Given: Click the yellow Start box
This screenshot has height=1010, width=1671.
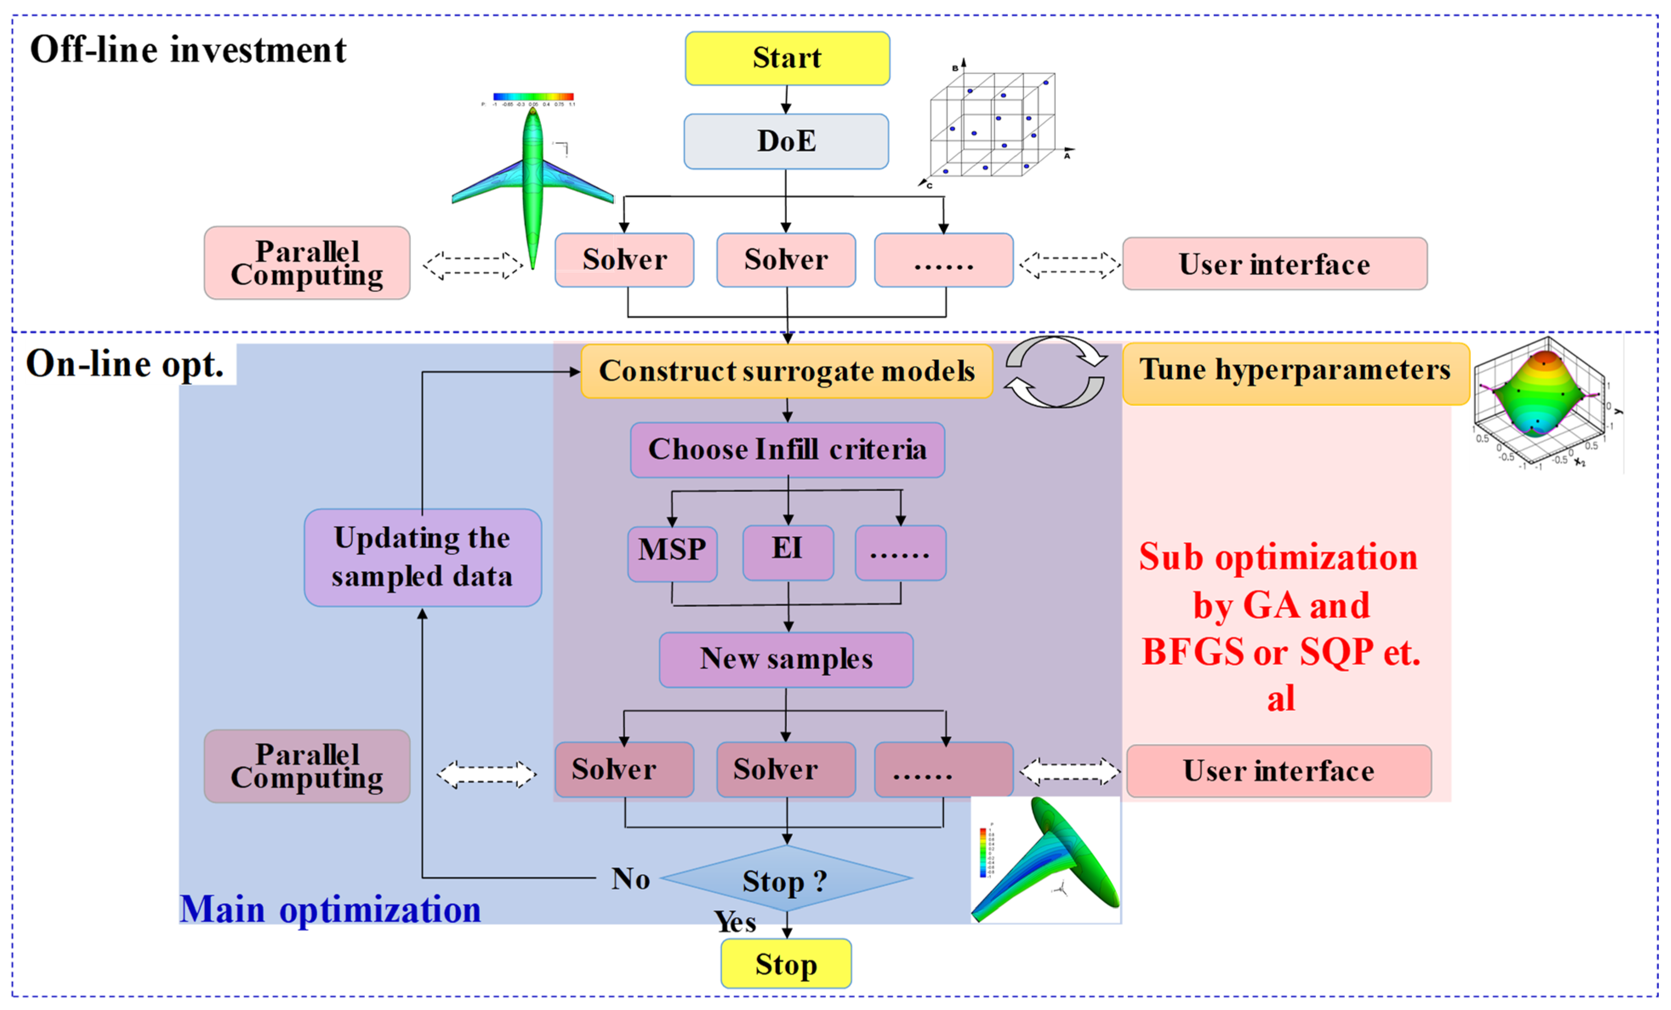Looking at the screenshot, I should pyautogui.click(x=787, y=58).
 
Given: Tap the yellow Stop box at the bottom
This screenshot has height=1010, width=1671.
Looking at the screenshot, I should pyautogui.click(x=786, y=964).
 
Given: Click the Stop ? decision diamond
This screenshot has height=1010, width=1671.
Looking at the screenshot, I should pyautogui.click(x=786, y=879).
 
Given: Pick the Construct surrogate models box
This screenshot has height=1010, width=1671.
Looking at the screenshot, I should pyautogui.click(x=787, y=371).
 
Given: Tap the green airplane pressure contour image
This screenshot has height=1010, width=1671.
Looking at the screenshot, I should pyautogui.click(x=533, y=183).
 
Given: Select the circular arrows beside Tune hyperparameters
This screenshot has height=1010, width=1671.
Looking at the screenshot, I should pyautogui.click(x=1055, y=372).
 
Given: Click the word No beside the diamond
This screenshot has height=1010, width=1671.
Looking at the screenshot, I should pyautogui.click(x=630, y=879).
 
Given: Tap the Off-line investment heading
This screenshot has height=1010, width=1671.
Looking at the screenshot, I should pyautogui.click(x=188, y=50).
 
